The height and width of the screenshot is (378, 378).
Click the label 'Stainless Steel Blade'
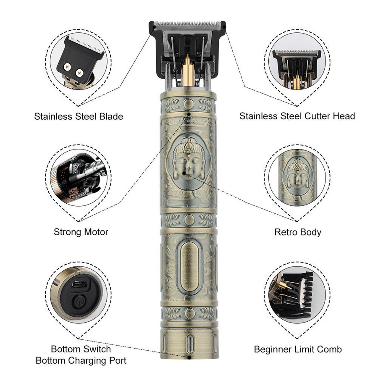(79, 116)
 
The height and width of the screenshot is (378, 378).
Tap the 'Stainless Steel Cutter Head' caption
(297, 116)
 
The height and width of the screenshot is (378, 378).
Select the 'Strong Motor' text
(81, 232)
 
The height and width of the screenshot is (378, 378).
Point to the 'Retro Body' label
(298, 232)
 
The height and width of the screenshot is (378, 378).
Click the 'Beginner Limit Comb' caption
(298, 349)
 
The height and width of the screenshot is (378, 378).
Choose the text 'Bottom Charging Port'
(81, 360)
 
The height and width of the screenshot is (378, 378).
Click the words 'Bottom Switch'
(81, 349)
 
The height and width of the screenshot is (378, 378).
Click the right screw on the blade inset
(79, 72)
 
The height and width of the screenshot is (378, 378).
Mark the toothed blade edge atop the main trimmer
(187, 24)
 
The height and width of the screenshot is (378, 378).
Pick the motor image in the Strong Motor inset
(79, 177)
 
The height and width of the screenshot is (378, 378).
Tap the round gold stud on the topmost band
(189, 104)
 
